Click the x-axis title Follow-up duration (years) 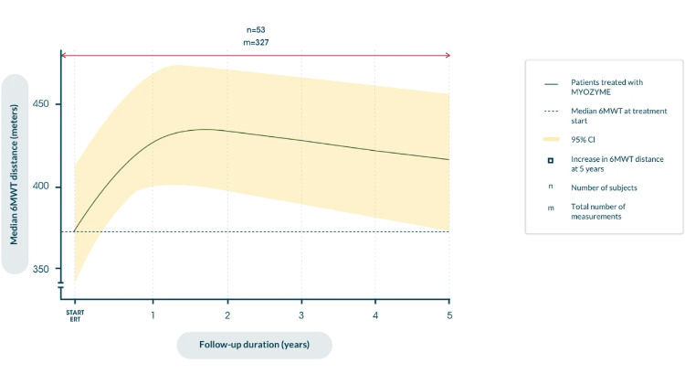coord(255,345)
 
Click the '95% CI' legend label coord(584,139)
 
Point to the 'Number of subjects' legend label coord(604,187)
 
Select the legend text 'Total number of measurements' coord(601,212)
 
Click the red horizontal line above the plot coord(256,55)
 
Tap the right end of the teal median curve coord(448,160)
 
